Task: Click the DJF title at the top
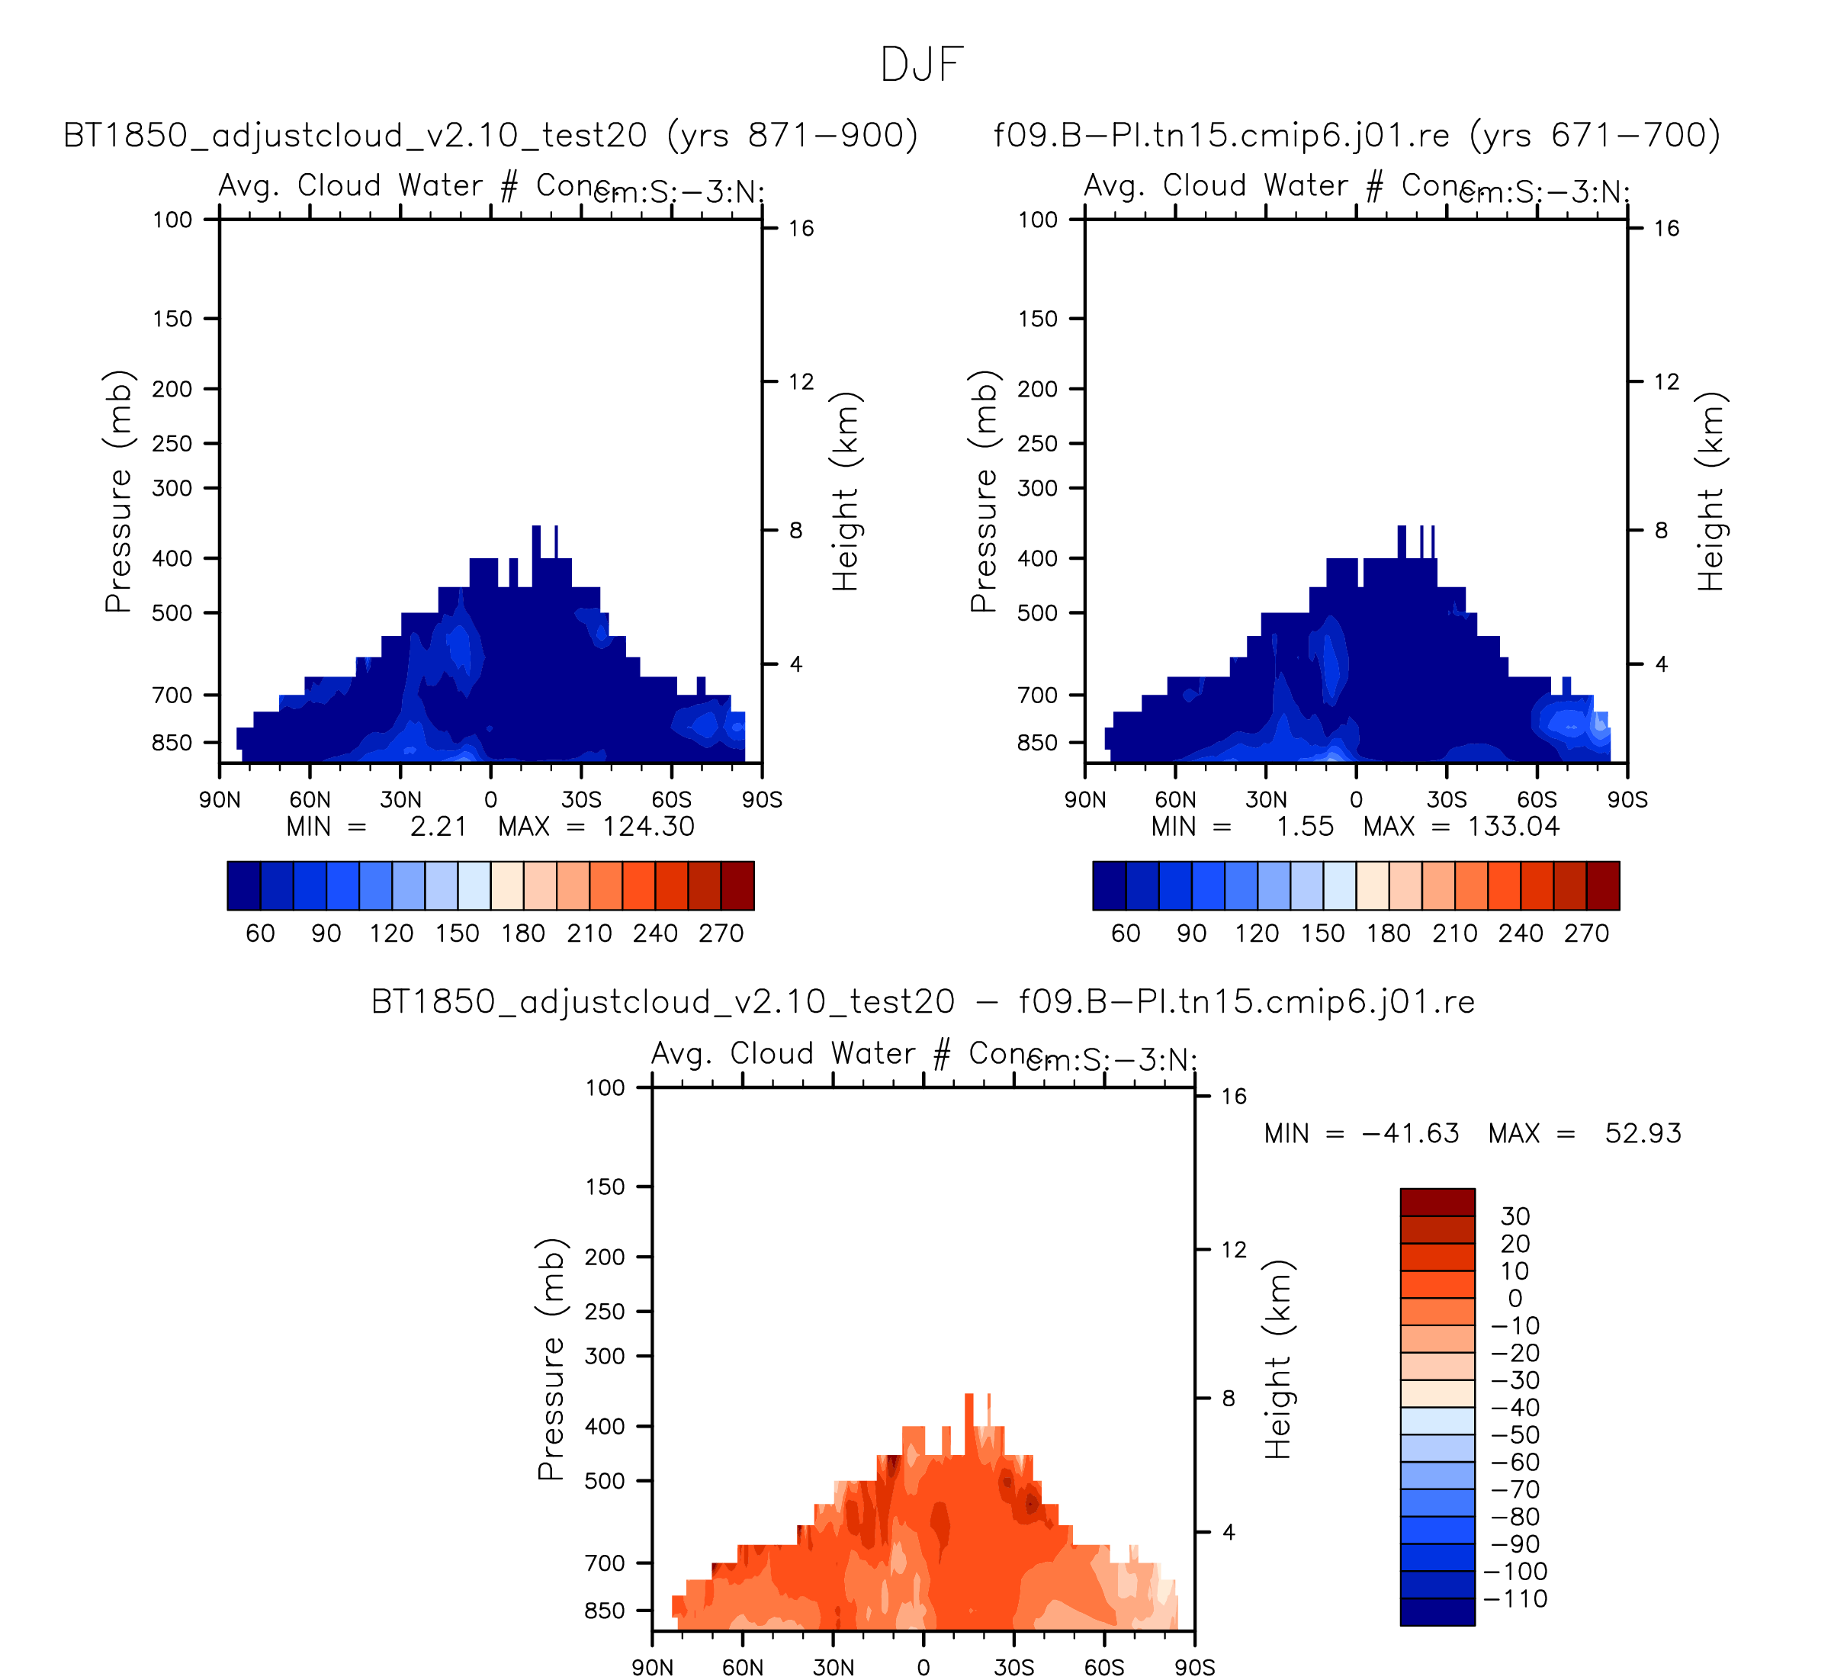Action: [922, 65]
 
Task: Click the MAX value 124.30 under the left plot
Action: [649, 827]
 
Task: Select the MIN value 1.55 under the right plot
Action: [1305, 827]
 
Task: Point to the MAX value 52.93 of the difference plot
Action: [1643, 1134]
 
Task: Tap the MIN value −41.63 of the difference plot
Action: [1410, 1134]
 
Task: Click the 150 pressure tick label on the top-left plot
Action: [172, 320]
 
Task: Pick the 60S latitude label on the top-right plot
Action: [1537, 801]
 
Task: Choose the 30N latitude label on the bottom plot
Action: [833, 1668]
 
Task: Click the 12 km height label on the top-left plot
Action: [801, 382]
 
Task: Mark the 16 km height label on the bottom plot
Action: [1234, 1097]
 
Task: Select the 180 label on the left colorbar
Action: [523, 933]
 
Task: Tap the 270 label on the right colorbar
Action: [1587, 933]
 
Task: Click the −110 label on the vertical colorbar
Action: [1516, 1598]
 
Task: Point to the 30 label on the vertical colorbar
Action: [1515, 1216]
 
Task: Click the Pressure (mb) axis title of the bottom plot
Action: [551, 1360]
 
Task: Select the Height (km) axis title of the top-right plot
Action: [1710, 492]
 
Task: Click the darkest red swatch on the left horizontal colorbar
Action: [737, 886]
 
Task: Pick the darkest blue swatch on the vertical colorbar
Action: [1437, 1611]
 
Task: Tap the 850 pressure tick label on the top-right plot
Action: [1037, 743]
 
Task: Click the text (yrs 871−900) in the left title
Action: [792, 136]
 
